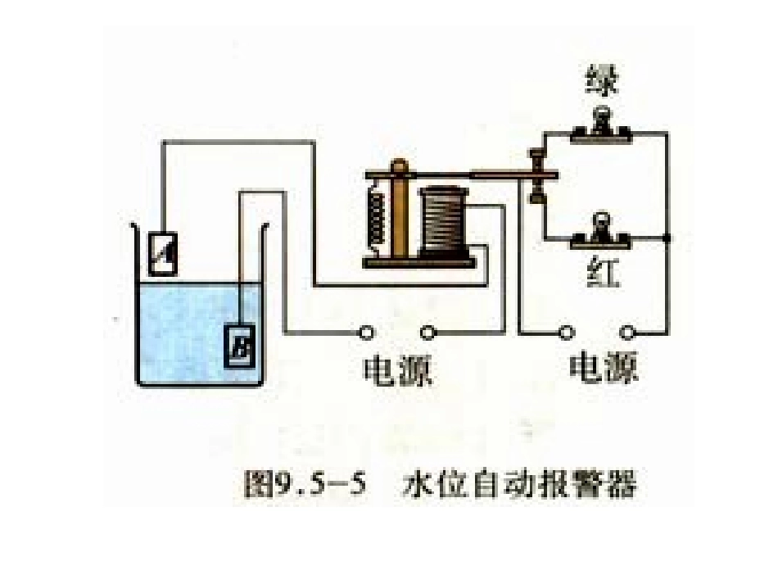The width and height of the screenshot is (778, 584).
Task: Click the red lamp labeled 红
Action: tap(604, 229)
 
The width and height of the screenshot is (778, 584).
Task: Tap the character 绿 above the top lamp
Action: tap(604, 83)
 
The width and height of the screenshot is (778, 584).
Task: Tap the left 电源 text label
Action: tap(396, 370)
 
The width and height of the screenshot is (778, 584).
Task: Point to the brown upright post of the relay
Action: tap(399, 213)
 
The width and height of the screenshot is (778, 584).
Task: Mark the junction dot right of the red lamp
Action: tap(668, 238)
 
